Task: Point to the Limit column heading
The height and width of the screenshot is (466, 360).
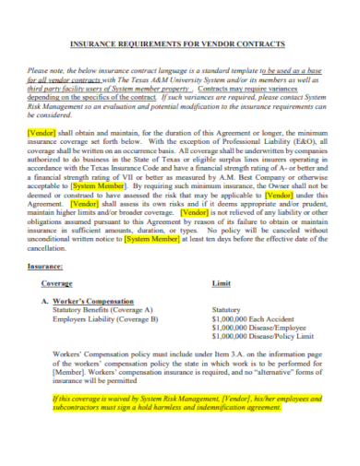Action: coord(222,285)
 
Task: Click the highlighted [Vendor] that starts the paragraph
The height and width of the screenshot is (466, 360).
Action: coord(43,133)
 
